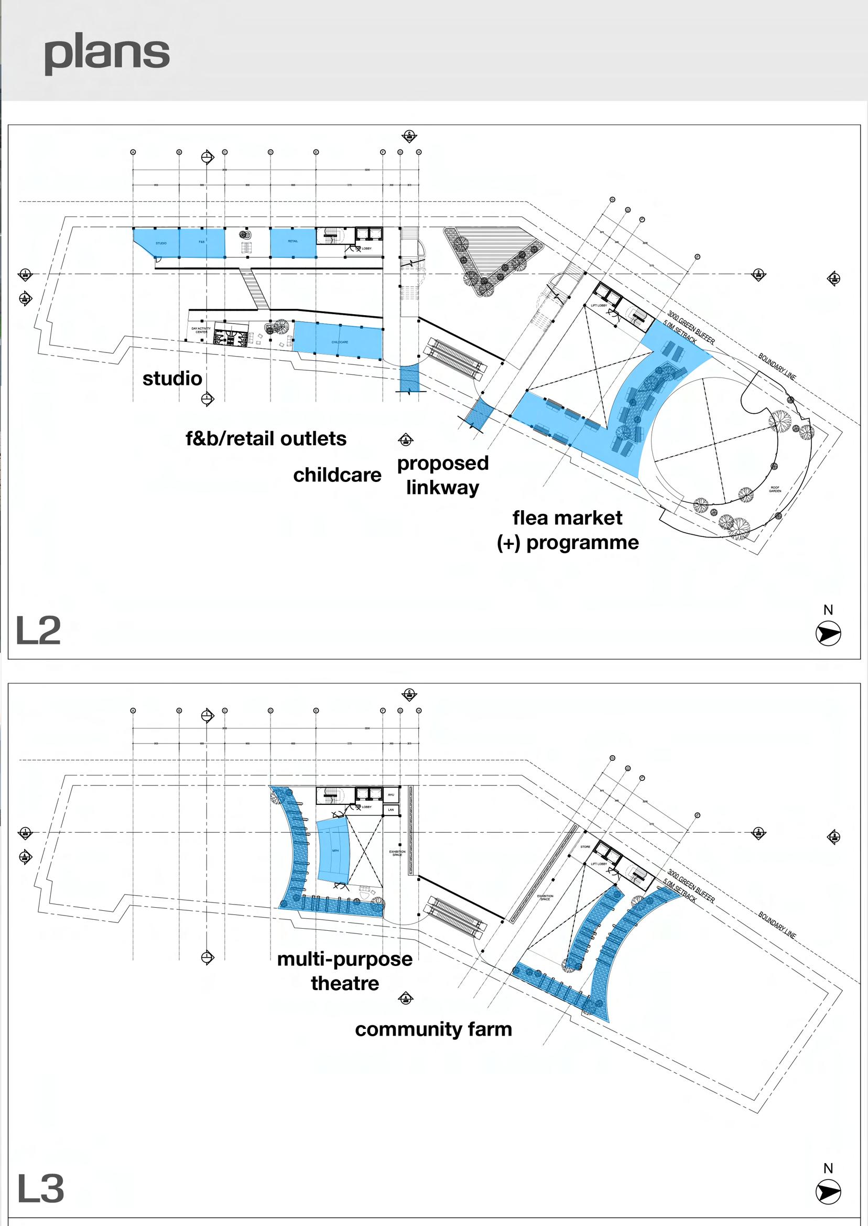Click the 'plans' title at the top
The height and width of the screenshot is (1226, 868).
[107, 55]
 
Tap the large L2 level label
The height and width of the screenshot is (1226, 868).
[38, 631]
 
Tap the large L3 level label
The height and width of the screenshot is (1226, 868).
[40, 1189]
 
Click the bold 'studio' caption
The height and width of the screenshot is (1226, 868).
[172, 379]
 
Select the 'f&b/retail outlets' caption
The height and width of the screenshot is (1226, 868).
[266, 439]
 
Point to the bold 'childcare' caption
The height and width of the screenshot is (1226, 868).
[337, 475]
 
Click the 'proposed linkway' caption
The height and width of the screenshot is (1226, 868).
[442, 475]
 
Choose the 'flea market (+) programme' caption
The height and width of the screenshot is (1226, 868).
[568, 530]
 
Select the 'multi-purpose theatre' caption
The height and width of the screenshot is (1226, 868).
[345, 971]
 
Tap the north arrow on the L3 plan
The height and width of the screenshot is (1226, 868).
[828, 1192]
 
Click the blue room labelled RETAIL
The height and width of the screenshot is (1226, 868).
[293, 243]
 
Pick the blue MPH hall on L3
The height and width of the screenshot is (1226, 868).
[333, 851]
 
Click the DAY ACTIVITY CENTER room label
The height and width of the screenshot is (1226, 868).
[201, 330]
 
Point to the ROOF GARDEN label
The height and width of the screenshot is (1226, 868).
[775, 489]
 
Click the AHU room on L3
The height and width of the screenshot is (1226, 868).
[390, 794]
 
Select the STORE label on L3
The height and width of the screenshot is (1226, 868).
[585, 846]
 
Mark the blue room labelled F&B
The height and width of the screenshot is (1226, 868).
[201, 243]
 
